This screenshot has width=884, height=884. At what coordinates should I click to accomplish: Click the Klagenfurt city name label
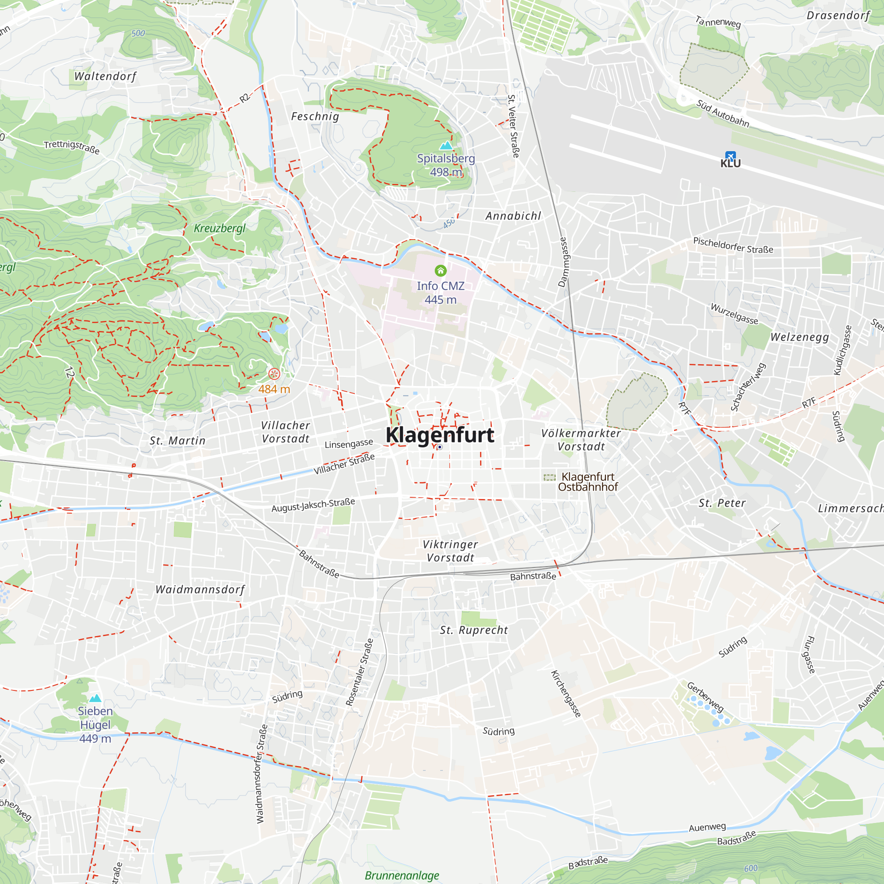[439, 434]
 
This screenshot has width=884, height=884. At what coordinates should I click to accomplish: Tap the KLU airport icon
[730, 156]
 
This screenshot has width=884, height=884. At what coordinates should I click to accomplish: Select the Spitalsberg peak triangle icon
[446, 145]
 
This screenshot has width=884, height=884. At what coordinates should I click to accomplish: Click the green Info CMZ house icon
[440, 271]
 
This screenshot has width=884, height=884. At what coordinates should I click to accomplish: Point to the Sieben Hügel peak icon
[95, 698]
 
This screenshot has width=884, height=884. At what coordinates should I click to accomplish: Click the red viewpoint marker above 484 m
[274, 374]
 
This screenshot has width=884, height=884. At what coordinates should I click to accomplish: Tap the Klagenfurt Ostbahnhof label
[587, 482]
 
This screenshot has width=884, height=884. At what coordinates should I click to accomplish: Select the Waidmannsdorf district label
[200, 589]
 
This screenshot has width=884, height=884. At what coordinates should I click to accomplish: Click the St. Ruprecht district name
[473, 630]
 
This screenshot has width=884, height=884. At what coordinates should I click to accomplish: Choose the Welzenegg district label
[799, 337]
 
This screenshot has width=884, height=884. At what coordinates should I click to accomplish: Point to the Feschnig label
[315, 117]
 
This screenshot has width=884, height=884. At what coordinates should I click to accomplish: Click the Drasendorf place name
[838, 15]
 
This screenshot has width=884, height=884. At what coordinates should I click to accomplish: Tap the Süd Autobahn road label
[723, 114]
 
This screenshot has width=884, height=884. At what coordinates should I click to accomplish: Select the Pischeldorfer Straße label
[733, 245]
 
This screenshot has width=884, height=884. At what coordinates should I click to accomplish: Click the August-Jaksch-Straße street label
[313, 505]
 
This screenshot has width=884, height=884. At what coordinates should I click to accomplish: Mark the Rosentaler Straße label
[359, 672]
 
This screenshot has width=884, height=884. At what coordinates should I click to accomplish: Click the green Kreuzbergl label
[220, 229]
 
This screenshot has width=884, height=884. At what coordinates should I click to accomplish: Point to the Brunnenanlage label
[402, 875]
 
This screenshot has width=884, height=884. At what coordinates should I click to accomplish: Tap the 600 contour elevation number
[751, 868]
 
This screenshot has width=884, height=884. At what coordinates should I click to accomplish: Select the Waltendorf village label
[105, 76]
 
